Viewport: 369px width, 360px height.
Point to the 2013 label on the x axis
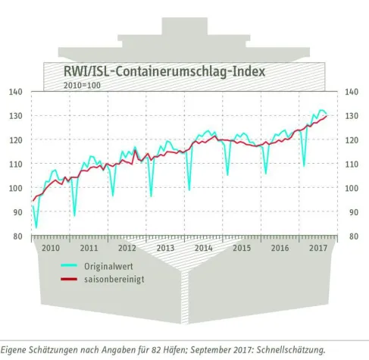166,248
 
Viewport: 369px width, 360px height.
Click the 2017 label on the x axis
316,248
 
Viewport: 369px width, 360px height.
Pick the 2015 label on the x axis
242,248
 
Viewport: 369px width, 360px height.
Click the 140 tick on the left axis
15,92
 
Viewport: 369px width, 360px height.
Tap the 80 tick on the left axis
17,236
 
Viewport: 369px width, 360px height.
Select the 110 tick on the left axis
15,164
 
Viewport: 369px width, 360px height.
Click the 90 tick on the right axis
351,212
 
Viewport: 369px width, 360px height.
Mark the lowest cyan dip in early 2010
36,227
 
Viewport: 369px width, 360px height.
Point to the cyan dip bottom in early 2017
304,165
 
